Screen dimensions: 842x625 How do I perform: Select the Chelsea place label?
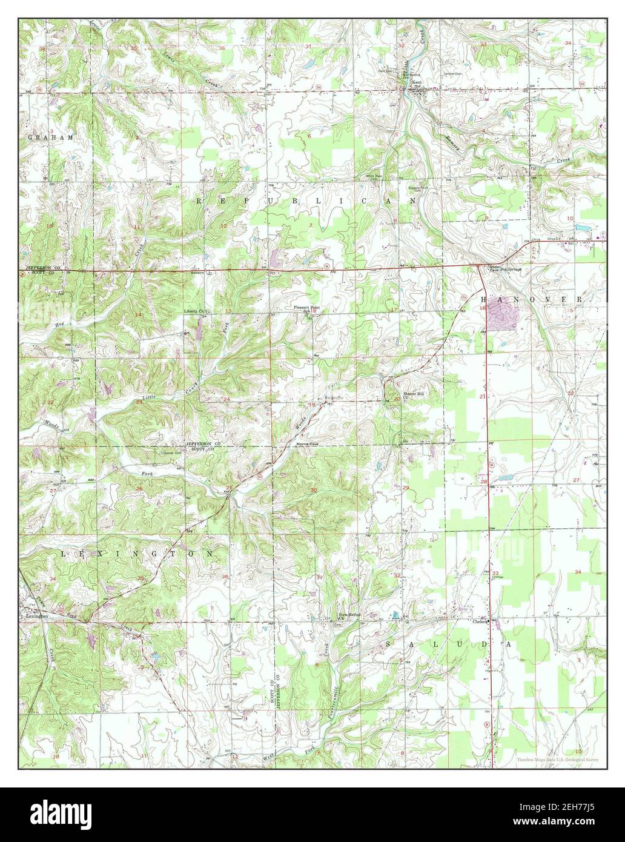(x=480, y=621)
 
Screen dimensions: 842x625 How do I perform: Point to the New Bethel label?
(x=350, y=615)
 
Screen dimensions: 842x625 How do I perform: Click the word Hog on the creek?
(x=59, y=325)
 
